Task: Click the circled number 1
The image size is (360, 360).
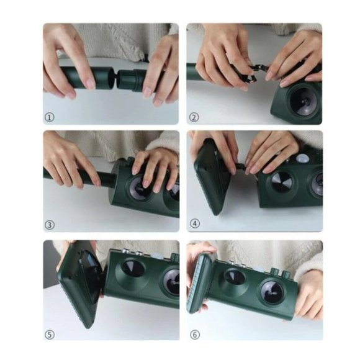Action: click(50, 117)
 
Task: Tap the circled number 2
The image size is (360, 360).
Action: click(194, 117)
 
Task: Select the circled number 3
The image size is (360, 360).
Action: click(50, 225)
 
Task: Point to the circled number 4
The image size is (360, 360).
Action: click(195, 223)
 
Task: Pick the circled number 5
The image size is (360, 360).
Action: click(50, 335)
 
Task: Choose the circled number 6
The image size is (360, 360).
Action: click(195, 335)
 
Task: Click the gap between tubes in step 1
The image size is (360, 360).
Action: click(115, 78)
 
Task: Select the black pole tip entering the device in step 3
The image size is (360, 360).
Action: click(107, 179)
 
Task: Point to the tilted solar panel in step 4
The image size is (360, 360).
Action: click(212, 177)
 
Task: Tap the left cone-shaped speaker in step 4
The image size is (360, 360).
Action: click(281, 182)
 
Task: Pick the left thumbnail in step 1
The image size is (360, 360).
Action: click(90, 84)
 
